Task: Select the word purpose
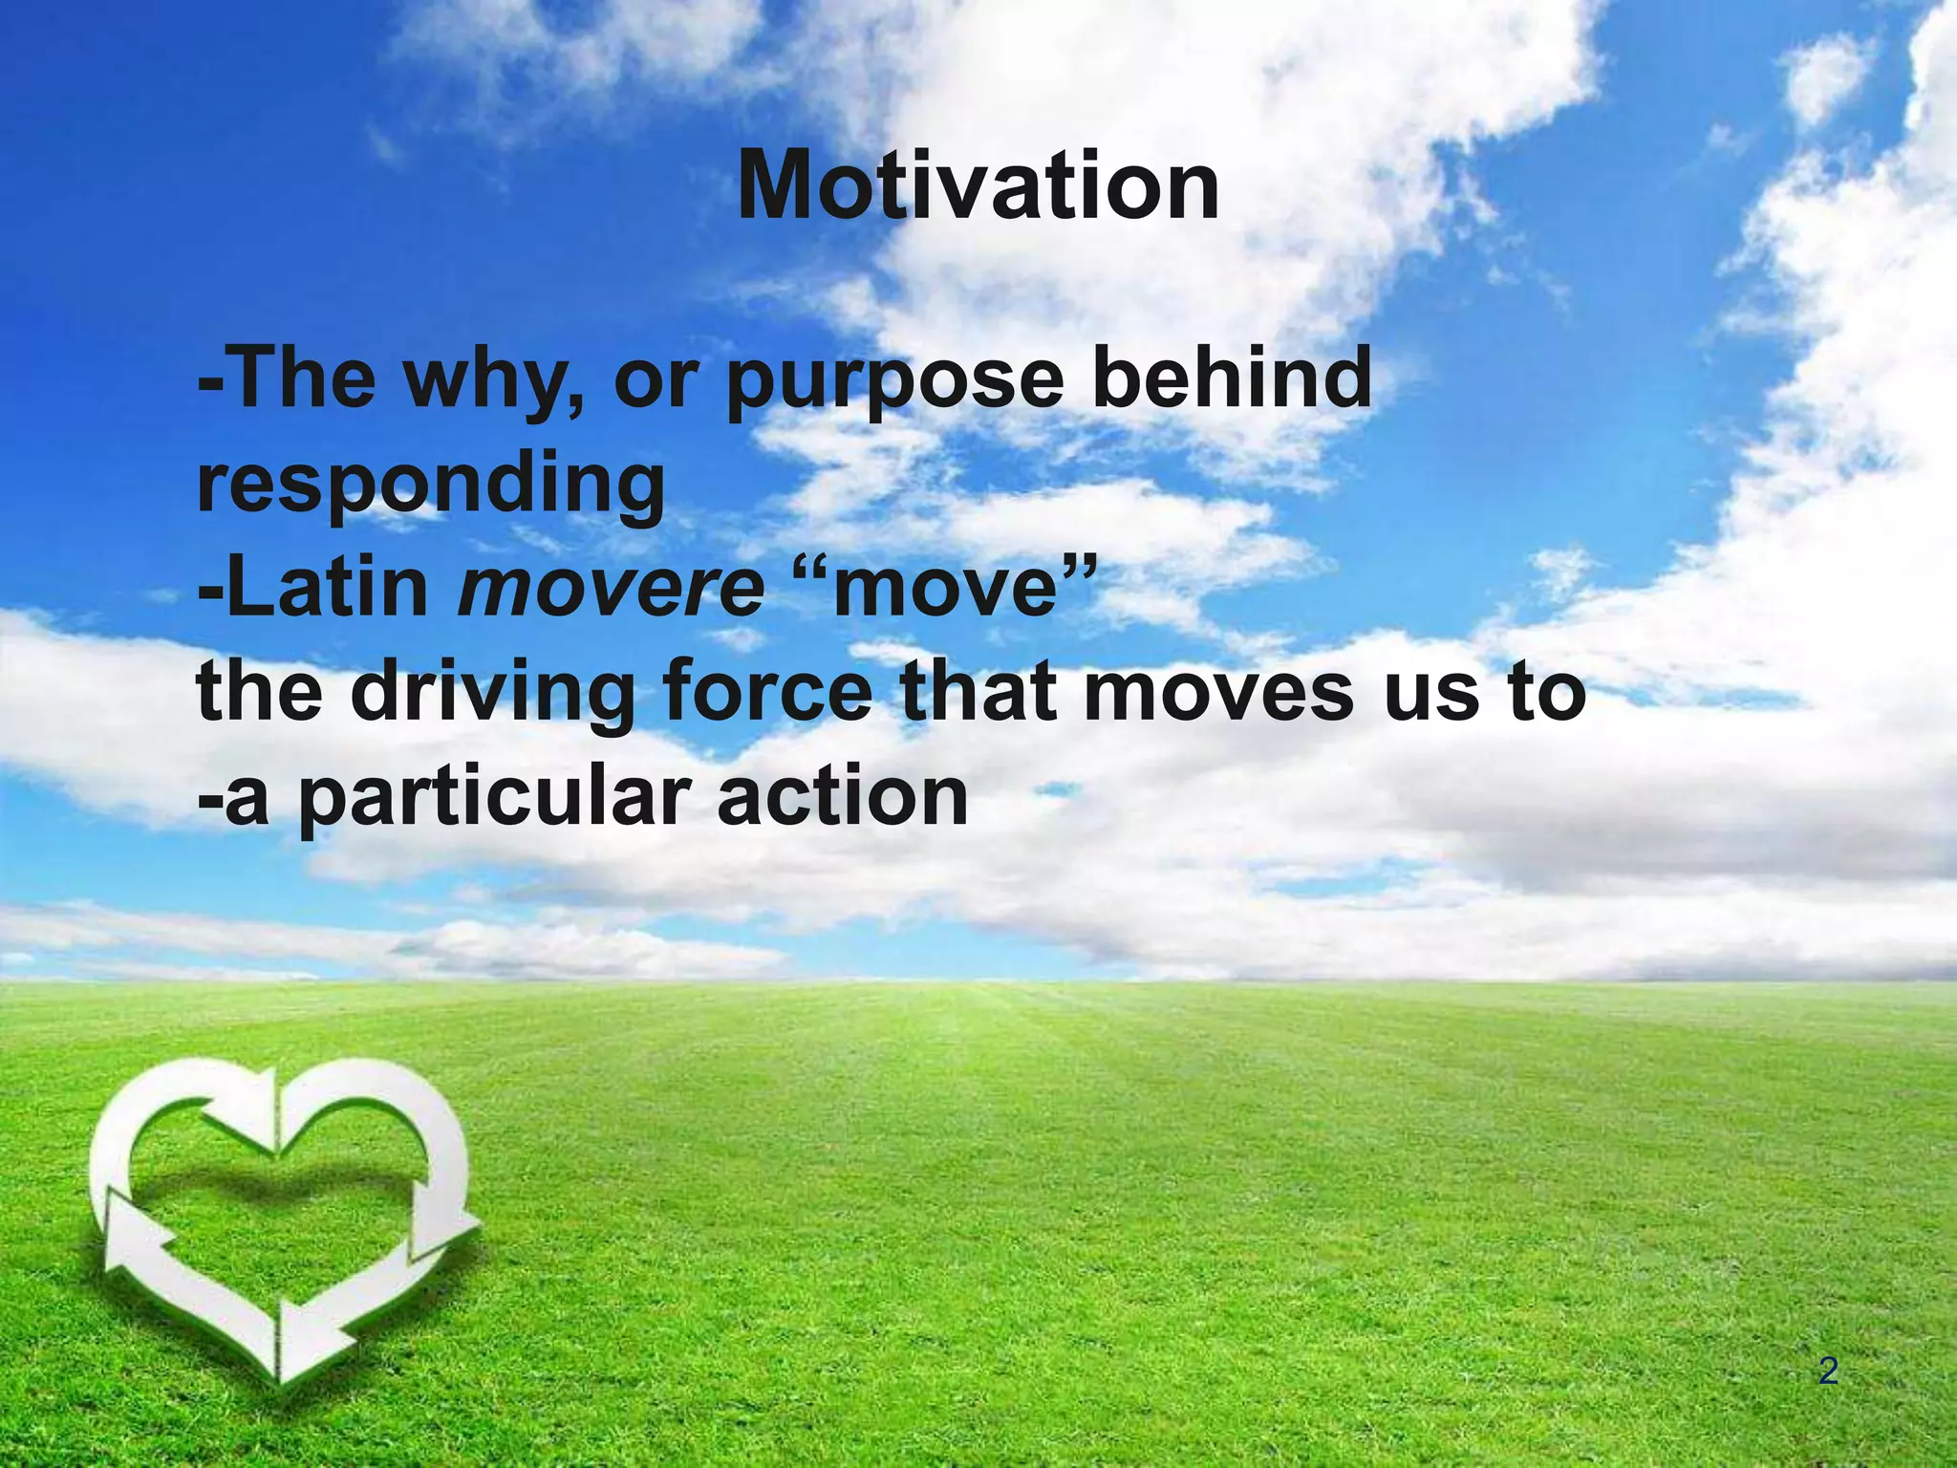tap(894, 380)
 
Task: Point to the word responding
tap(430, 485)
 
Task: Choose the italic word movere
tap(612, 589)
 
